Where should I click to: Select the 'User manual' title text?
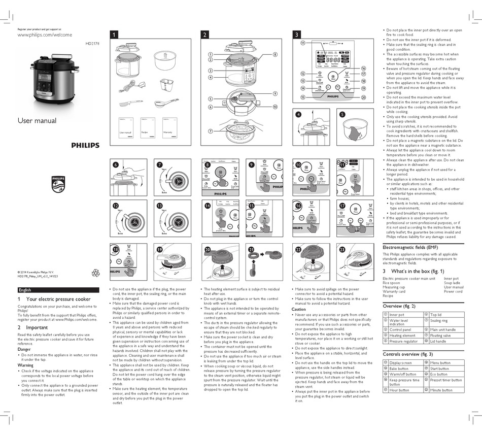(37, 121)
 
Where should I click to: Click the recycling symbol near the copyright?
(96, 273)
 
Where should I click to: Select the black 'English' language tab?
(25, 290)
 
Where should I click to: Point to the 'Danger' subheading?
(24, 349)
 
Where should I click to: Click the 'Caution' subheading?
(299, 309)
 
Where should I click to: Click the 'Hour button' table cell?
(399, 390)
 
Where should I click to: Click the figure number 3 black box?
(297, 35)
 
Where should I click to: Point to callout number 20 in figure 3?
(363, 97)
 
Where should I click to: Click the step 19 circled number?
(160, 250)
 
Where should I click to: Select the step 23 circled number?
(342, 250)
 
